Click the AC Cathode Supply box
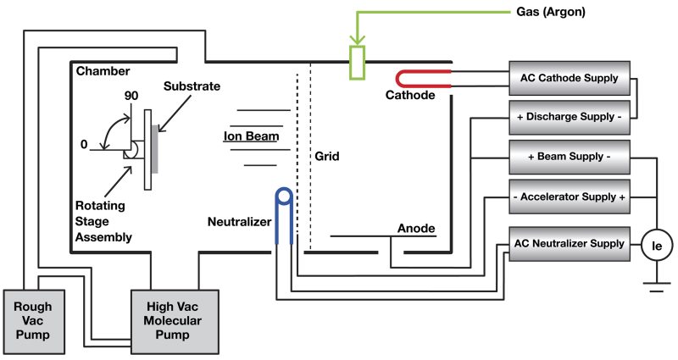[x=569, y=78]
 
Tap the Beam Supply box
[x=569, y=158]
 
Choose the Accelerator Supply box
[x=569, y=197]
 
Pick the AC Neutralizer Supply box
[x=569, y=243]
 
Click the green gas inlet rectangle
[x=357, y=63]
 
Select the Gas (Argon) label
[x=550, y=13]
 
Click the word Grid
[x=327, y=157]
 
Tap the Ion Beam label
[x=251, y=136]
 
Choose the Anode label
[x=416, y=228]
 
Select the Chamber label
[x=103, y=70]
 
